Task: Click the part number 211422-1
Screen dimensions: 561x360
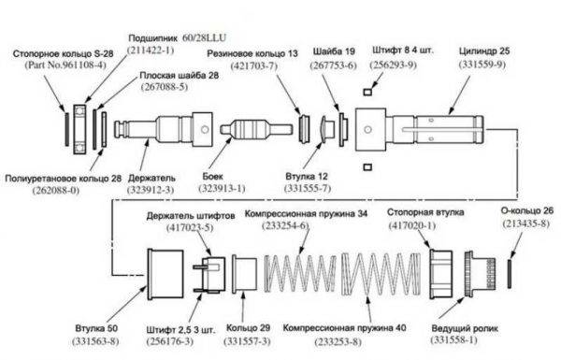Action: click(x=151, y=50)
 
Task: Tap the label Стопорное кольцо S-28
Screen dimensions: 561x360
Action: click(x=63, y=54)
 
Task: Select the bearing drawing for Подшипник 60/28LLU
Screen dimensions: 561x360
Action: click(x=79, y=129)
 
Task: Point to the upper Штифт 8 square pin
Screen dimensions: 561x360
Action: click(x=367, y=92)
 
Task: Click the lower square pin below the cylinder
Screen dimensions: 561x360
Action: click(x=367, y=167)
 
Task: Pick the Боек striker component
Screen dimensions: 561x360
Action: click(x=256, y=129)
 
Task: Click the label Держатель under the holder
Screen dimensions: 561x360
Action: click(x=151, y=178)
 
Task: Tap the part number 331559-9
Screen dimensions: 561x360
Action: click(x=482, y=65)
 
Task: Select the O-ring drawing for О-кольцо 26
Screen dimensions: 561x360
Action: click(x=510, y=274)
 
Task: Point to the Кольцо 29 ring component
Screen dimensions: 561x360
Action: click(x=244, y=274)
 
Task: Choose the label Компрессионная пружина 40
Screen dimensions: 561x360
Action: click(x=344, y=328)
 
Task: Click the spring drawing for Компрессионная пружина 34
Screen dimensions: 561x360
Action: click(x=300, y=274)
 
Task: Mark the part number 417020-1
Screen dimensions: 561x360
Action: click(x=412, y=225)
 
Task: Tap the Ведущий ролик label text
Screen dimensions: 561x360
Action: click(x=465, y=328)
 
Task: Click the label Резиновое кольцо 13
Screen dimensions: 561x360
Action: click(x=252, y=53)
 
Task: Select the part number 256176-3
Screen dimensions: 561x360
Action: click(x=169, y=341)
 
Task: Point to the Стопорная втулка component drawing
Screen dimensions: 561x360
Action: click(x=440, y=274)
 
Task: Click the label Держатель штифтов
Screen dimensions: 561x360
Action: click(x=191, y=216)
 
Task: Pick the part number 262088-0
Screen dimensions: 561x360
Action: click(x=56, y=190)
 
